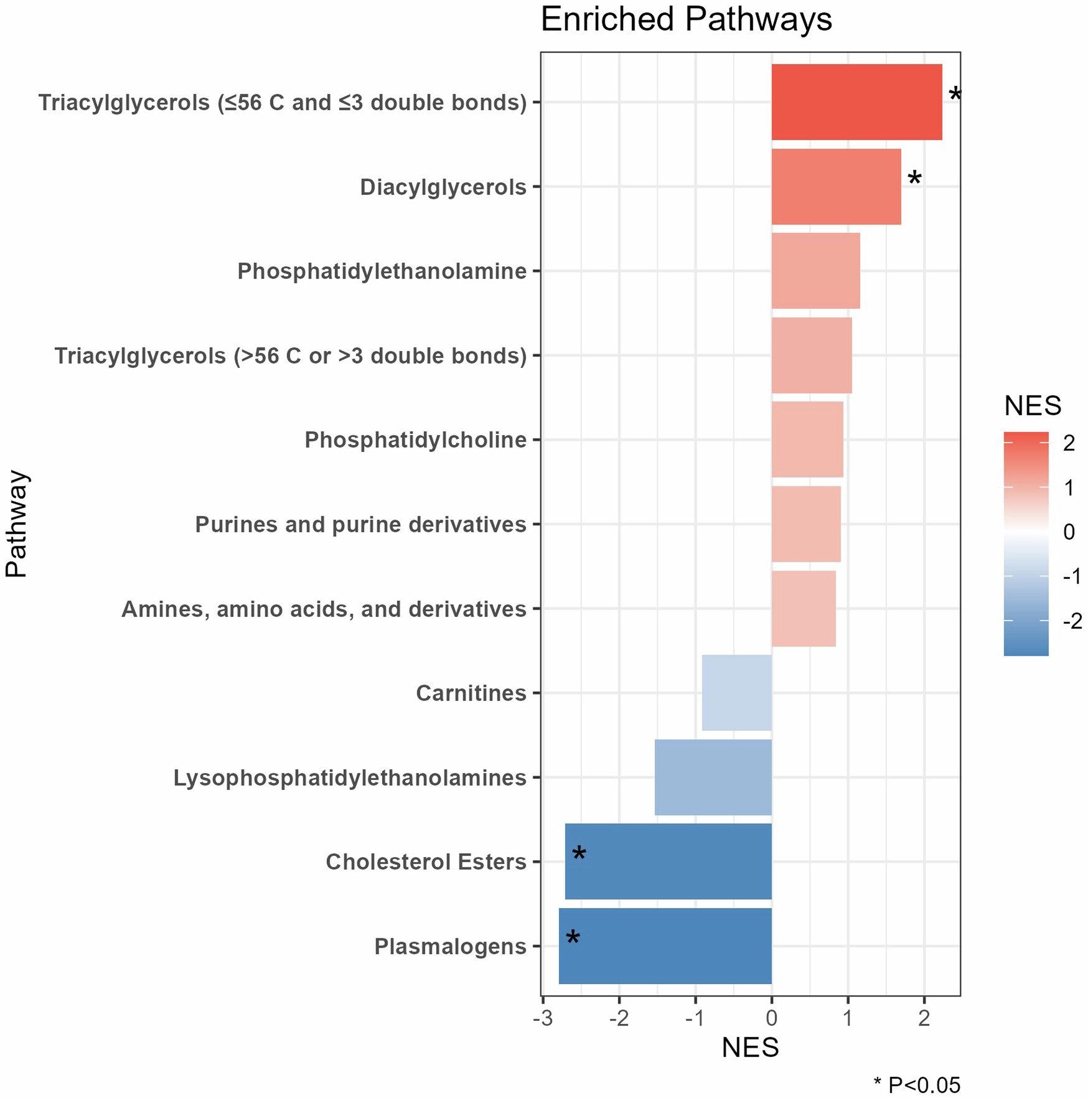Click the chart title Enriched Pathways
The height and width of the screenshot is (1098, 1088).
[686, 20]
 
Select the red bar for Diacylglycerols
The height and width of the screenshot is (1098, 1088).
[835, 187]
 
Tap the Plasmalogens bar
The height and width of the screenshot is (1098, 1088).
[665, 946]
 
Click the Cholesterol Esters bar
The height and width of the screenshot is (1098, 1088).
[668, 861]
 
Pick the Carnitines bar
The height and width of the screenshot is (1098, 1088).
[736, 693]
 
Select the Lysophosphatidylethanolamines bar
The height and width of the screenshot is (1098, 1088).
[713, 777]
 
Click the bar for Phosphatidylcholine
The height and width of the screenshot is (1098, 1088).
[807, 439]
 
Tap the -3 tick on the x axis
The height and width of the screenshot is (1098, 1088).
[543, 1018]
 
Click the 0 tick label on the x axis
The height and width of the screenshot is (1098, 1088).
[771, 1018]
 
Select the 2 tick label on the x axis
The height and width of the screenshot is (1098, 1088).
[924, 1018]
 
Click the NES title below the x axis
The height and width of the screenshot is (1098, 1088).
[750, 1048]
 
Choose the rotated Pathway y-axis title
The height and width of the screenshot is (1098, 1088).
[17, 524]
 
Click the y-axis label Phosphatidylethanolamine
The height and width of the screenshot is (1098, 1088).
[382, 271]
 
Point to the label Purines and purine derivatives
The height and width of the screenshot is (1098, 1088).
[360, 525]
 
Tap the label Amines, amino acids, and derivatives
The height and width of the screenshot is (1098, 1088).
[324, 609]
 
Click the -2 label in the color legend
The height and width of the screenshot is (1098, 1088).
[1072, 621]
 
